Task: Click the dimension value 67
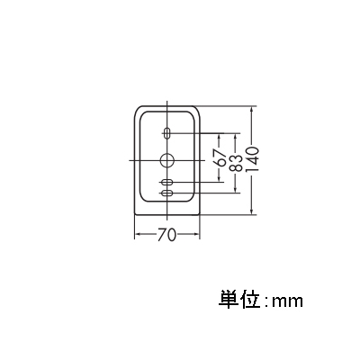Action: coord(221,157)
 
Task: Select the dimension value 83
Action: coord(238,163)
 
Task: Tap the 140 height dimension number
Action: coord(252,159)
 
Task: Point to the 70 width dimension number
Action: coord(166,235)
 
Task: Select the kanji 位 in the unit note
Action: coord(249,299)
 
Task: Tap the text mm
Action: coord(287,301)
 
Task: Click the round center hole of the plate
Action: coord(167,160)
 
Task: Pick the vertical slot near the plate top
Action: coord(167,133)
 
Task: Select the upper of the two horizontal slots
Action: coord(166,182)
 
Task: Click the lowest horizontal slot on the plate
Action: coord(166,193)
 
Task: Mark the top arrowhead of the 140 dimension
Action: coord(252,110)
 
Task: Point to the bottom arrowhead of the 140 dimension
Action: coord(252,211)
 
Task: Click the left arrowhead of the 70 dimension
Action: coord(138,234)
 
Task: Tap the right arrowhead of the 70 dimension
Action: coord(195,234)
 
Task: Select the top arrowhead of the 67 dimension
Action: coord(220,137)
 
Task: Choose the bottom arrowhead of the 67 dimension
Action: coord(220,178)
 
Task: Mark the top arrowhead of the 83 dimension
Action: coord(237,137)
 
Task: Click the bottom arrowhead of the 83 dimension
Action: coord(237,189)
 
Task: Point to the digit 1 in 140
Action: coord(252,170)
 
